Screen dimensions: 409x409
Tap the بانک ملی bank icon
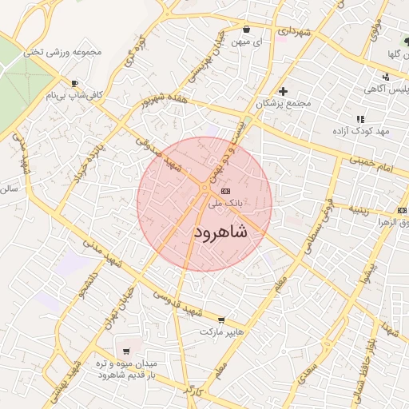click(224, 192)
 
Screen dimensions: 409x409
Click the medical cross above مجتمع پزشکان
click(283, 91)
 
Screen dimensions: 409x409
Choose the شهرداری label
click(293, 30)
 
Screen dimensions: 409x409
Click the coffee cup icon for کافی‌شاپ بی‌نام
click(75, 83)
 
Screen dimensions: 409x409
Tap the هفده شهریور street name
click(163, 107)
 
